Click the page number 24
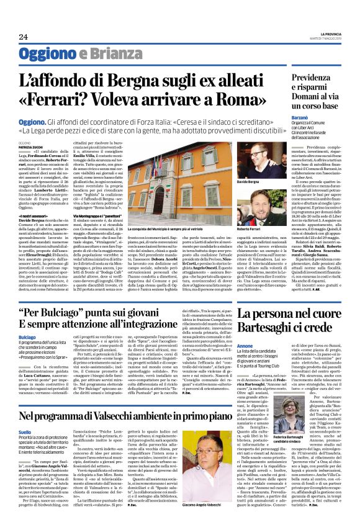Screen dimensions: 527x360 click(24, 37)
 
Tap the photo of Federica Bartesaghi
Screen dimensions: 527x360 click(264, 439)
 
